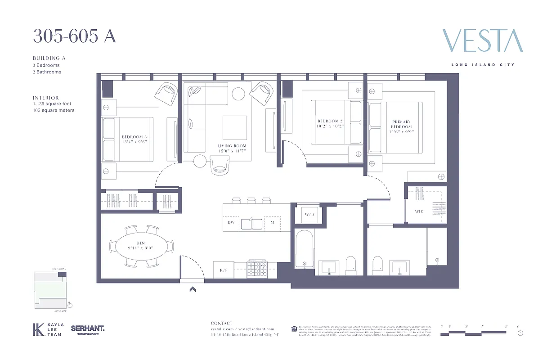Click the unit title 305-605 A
tap(74, 36)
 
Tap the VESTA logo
tap(483, 41)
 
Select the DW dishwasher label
tap(230, 222)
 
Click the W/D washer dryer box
tap(309, 214)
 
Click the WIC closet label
tap(419, 211)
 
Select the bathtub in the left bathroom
tap(305, 250)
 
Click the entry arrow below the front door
tap(193, 289)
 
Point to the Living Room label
tap(232, 148)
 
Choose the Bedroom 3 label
tap(135, 139)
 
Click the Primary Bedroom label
tap(401, 126)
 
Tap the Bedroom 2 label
tap(330, 124)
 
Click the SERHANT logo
tap(88, 329)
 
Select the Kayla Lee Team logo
tap(48, 329)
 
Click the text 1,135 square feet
tap(52, 104)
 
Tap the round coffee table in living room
tap(238, 93)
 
